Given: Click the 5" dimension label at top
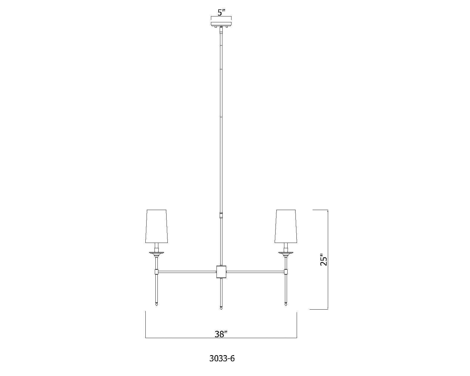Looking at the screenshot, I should [221, 13].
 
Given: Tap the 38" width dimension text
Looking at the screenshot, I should [221, 334].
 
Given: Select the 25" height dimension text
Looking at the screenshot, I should [323, 259].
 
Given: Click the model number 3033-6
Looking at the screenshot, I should [222, 358].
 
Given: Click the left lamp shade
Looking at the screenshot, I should [157, 226].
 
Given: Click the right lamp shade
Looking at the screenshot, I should [286, 226].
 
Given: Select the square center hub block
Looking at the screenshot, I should [221, 271].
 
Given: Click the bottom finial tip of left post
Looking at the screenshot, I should [157, 305].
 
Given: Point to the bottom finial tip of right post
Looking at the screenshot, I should [286, 305].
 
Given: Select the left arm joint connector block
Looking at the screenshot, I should [157, 271].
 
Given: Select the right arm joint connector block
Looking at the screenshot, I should [286, 271].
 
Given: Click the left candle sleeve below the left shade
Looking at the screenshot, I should [157, 246].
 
